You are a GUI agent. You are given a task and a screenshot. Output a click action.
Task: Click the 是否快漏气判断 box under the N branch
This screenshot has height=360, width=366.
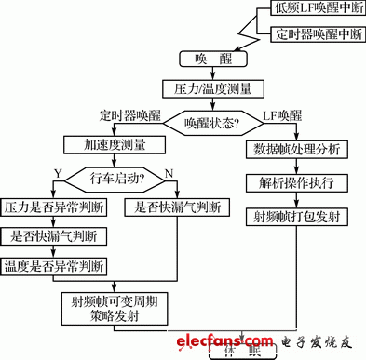tap(179, 207)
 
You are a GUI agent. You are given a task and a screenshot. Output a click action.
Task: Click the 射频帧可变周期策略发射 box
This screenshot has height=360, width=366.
tap(114, 308)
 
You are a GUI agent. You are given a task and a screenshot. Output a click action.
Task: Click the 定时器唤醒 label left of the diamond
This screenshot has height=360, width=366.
tap(130, 115)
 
